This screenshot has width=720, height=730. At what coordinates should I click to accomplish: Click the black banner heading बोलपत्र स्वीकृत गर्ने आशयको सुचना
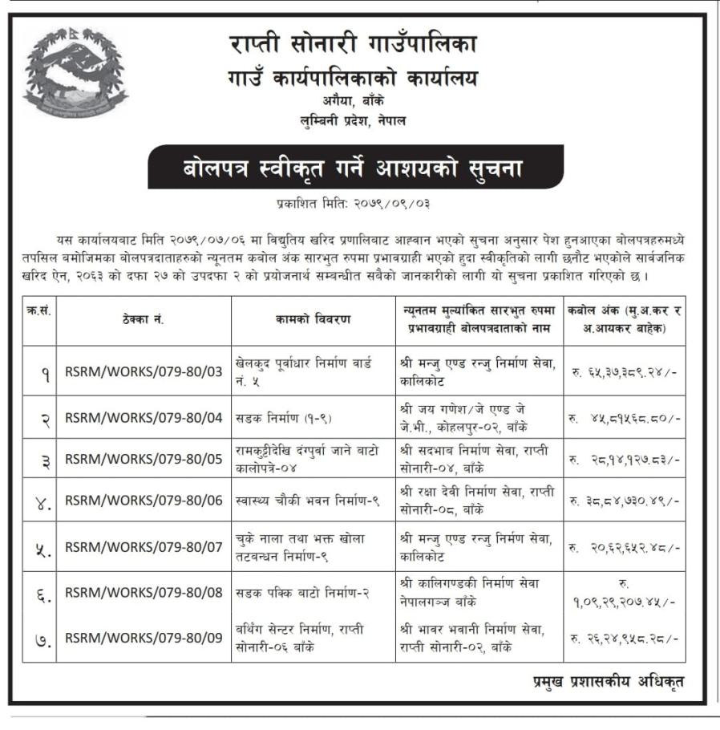pyautogui.click(x=355, y=168)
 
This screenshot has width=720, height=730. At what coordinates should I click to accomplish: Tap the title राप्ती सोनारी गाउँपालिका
pyautogui.click(x=351, y=44)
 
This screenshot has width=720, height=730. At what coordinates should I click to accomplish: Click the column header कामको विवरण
pyautogui.click(x=313, y=319)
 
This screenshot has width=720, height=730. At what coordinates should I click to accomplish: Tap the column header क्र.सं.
pyautogui.click(x=38, y=311)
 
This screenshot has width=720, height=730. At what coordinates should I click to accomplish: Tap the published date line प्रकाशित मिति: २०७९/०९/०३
pyautogui.click(x=353, y=204)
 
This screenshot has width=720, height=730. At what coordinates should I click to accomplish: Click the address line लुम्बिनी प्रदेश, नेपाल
pyautogui.click(x=351, y=121)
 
